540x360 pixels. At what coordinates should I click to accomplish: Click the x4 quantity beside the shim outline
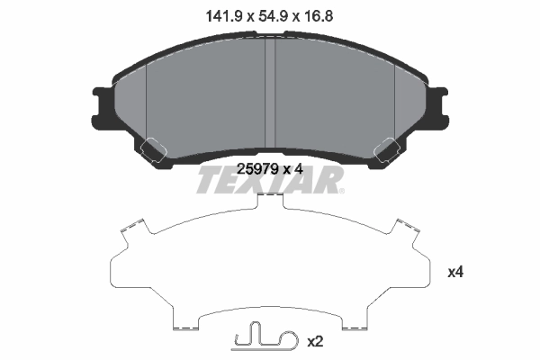(x=455, y=271)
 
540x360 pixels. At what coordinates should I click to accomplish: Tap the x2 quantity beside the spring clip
(x=315, y=342)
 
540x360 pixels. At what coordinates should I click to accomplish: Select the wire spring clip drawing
(x=263, y=340)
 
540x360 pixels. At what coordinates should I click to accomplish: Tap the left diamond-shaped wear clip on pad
(x=149, y=147)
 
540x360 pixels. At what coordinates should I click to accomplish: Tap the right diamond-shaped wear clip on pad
(x=391, y=147)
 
